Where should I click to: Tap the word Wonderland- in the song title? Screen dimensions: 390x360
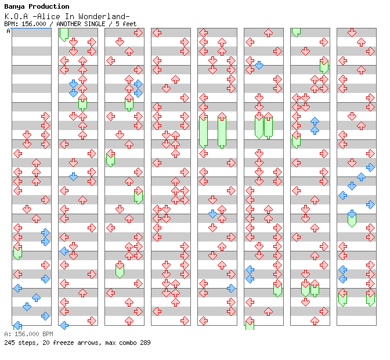click(104, 17)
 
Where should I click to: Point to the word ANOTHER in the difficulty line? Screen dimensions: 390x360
click(68, 24)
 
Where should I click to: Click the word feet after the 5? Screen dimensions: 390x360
click(129, 24)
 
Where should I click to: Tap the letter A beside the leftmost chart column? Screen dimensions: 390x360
click(9, 31)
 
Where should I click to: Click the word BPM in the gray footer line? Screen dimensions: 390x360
click(48, 334)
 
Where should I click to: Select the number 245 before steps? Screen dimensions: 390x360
click(9, 343)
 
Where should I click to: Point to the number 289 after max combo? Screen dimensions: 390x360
click(145, 343)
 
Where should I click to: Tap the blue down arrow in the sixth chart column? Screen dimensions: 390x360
click(259, 65)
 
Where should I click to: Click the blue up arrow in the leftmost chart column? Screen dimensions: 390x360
click(36, 297)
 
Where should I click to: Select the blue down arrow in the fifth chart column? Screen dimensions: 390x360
click(212, 214)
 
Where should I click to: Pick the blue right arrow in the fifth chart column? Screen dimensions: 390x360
click(231, 289)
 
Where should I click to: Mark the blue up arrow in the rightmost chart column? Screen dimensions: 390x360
click(361, 177)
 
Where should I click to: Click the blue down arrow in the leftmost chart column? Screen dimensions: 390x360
click(27, 307)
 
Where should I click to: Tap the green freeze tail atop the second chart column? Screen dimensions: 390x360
click(64, 35)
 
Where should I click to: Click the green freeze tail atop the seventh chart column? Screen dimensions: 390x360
click(296, 33)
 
